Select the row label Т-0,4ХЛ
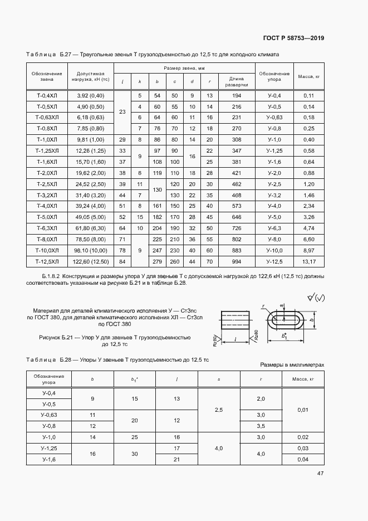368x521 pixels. coord(47,96)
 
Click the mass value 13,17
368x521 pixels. coord(309,261)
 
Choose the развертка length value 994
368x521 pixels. coord(236,261)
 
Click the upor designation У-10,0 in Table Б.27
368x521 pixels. coord(274,251)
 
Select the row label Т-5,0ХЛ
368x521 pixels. coord(47,217)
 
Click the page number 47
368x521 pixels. coord(320,473)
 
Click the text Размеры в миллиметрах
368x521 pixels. coord(292,364)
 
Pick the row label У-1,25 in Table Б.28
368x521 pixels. coord(49,448)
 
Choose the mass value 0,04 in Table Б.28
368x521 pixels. coord(303,459)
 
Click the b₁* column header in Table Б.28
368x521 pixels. coord(134,379)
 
